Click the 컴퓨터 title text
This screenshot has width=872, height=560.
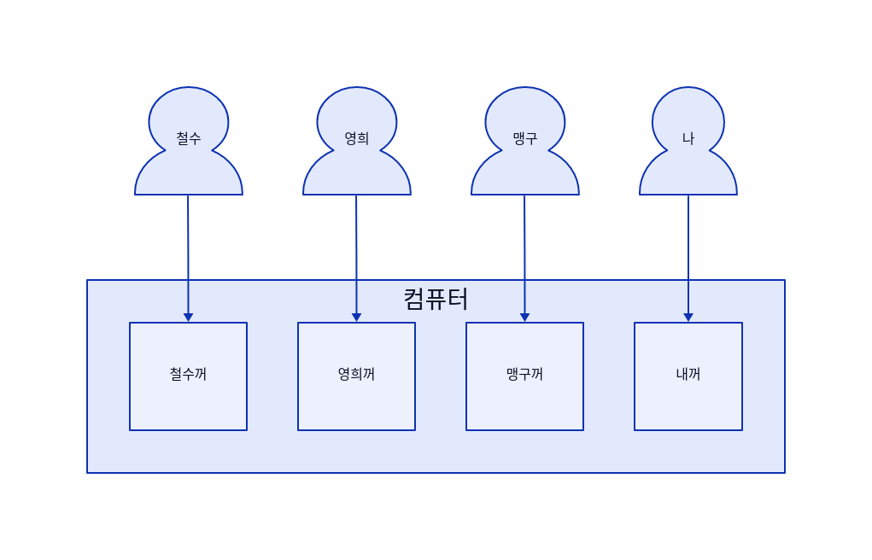436,299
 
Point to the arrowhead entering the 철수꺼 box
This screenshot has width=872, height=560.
188,318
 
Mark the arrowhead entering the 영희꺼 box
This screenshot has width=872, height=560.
356,318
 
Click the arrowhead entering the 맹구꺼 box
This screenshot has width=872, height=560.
524,318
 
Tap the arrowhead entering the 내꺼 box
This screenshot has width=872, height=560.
688,318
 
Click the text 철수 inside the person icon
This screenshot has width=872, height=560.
189,138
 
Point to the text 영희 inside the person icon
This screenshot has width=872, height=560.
357,138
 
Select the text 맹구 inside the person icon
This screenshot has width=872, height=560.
525,138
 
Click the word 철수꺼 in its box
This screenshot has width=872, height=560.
188,374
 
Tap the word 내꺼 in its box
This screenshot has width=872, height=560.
688,374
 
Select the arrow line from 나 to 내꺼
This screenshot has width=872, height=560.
688,248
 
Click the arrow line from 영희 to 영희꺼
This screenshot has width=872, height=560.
356,248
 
